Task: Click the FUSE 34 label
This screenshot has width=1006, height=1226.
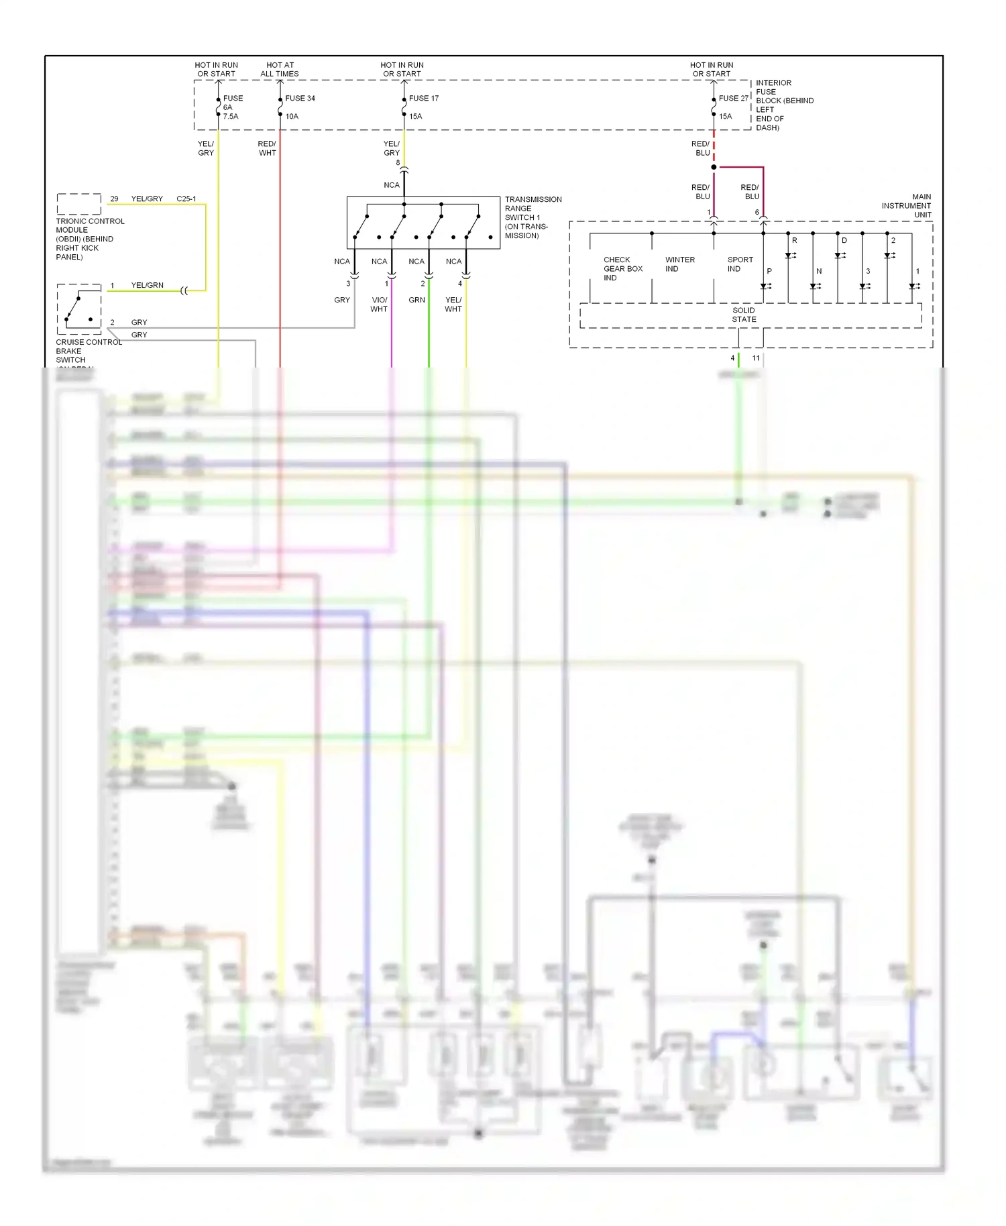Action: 300,98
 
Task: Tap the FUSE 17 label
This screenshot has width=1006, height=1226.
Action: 424,98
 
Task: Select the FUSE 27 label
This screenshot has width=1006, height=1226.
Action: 733,98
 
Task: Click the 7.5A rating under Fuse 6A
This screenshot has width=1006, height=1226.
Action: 231,116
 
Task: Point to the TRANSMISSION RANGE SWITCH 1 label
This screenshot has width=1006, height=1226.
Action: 533,217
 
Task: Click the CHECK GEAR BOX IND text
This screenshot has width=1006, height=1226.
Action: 622,268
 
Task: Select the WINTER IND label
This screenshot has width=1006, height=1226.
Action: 679,264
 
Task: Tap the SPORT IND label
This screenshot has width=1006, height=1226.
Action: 740,264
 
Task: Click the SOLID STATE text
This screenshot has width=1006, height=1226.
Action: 744,315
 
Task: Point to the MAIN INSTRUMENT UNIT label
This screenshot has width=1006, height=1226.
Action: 906,205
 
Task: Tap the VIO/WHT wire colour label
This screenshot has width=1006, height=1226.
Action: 379,304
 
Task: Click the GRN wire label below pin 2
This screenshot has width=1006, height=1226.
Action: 416,300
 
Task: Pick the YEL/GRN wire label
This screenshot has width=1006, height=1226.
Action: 147,285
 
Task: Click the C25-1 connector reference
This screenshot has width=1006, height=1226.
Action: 186,199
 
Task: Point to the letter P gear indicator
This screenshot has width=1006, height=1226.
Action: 769,271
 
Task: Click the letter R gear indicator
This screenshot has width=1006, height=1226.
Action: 795,240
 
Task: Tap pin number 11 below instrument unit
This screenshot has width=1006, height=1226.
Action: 756,357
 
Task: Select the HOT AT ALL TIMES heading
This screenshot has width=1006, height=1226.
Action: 280,69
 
